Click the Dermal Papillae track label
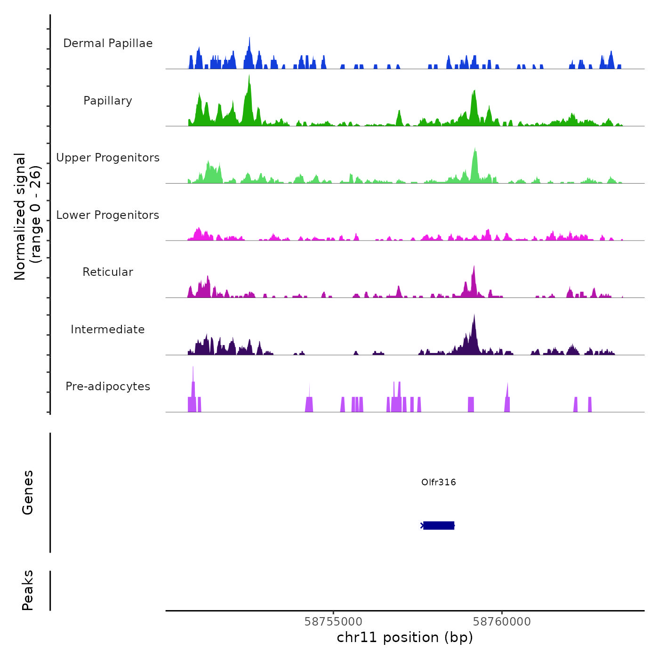click(108, 43)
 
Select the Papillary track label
click(108, 101)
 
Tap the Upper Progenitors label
click(108, 158)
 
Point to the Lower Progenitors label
click(108, 215)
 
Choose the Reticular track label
click(108, 272)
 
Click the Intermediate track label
click(108, 329)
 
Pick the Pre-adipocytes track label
click(108, 386)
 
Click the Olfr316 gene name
click(438, 482)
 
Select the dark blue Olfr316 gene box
click(439, 525)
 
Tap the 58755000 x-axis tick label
click(333, 621)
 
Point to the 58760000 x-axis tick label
click(502, 621)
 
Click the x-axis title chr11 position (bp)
click(405, 637)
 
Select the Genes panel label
click(28, 492)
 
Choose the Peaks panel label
click(28, 590)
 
